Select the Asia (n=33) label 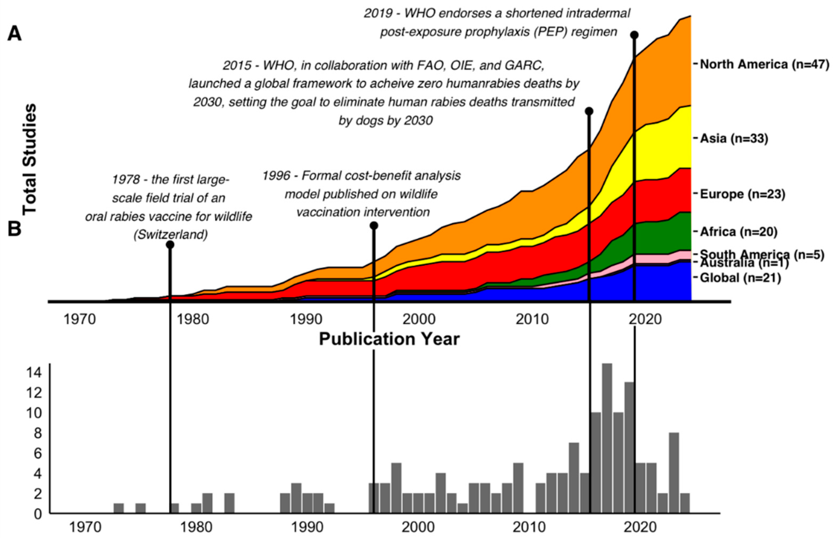tap(734, 138)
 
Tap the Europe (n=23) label tap(743, 194)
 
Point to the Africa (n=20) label tap(739, 232)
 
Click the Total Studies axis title tap(30, 159)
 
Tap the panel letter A tap(15, 34)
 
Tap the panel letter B tap(15, 230)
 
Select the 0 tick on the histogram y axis tap(38, 514)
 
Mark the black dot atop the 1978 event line tap(170, 245)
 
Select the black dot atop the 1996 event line tap(374, 226)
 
